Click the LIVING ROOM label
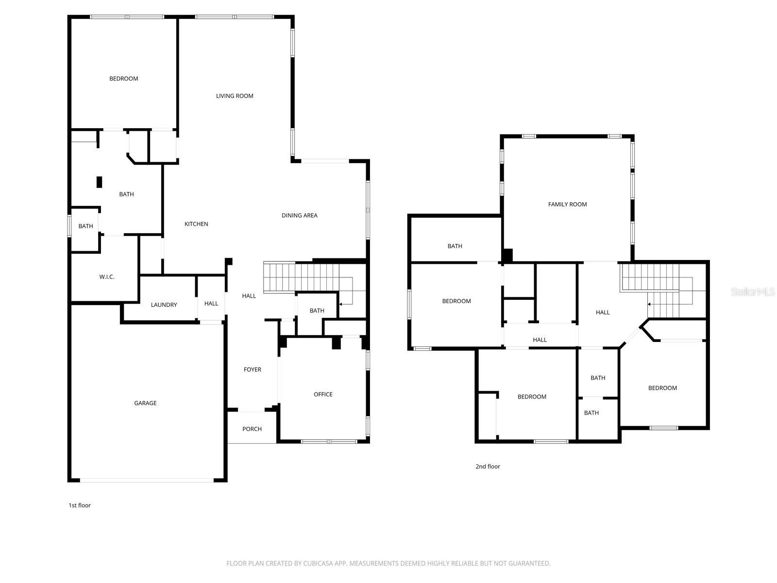[x=235, y=96]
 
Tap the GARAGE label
[x=145, y=403]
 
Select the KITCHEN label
[x=196, y=224]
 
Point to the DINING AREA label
[x=299, y=215]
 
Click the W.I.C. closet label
[x=107, y=277]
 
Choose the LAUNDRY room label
[x=164, y=305]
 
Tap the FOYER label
[x=252, y=370]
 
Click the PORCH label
[x=252, y=429]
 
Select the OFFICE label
[x=323, y=394]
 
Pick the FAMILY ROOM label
[x=567, y=205]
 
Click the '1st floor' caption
[x=80, y=505]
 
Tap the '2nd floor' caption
[x=488, y=466]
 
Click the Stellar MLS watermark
[x=752, y=291]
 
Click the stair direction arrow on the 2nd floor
[x=650, y=304]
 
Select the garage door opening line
[x=146, y=480]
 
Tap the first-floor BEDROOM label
[x=123, y=79]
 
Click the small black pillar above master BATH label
[x=100, y=182]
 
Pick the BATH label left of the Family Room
[x=455, y=246]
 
